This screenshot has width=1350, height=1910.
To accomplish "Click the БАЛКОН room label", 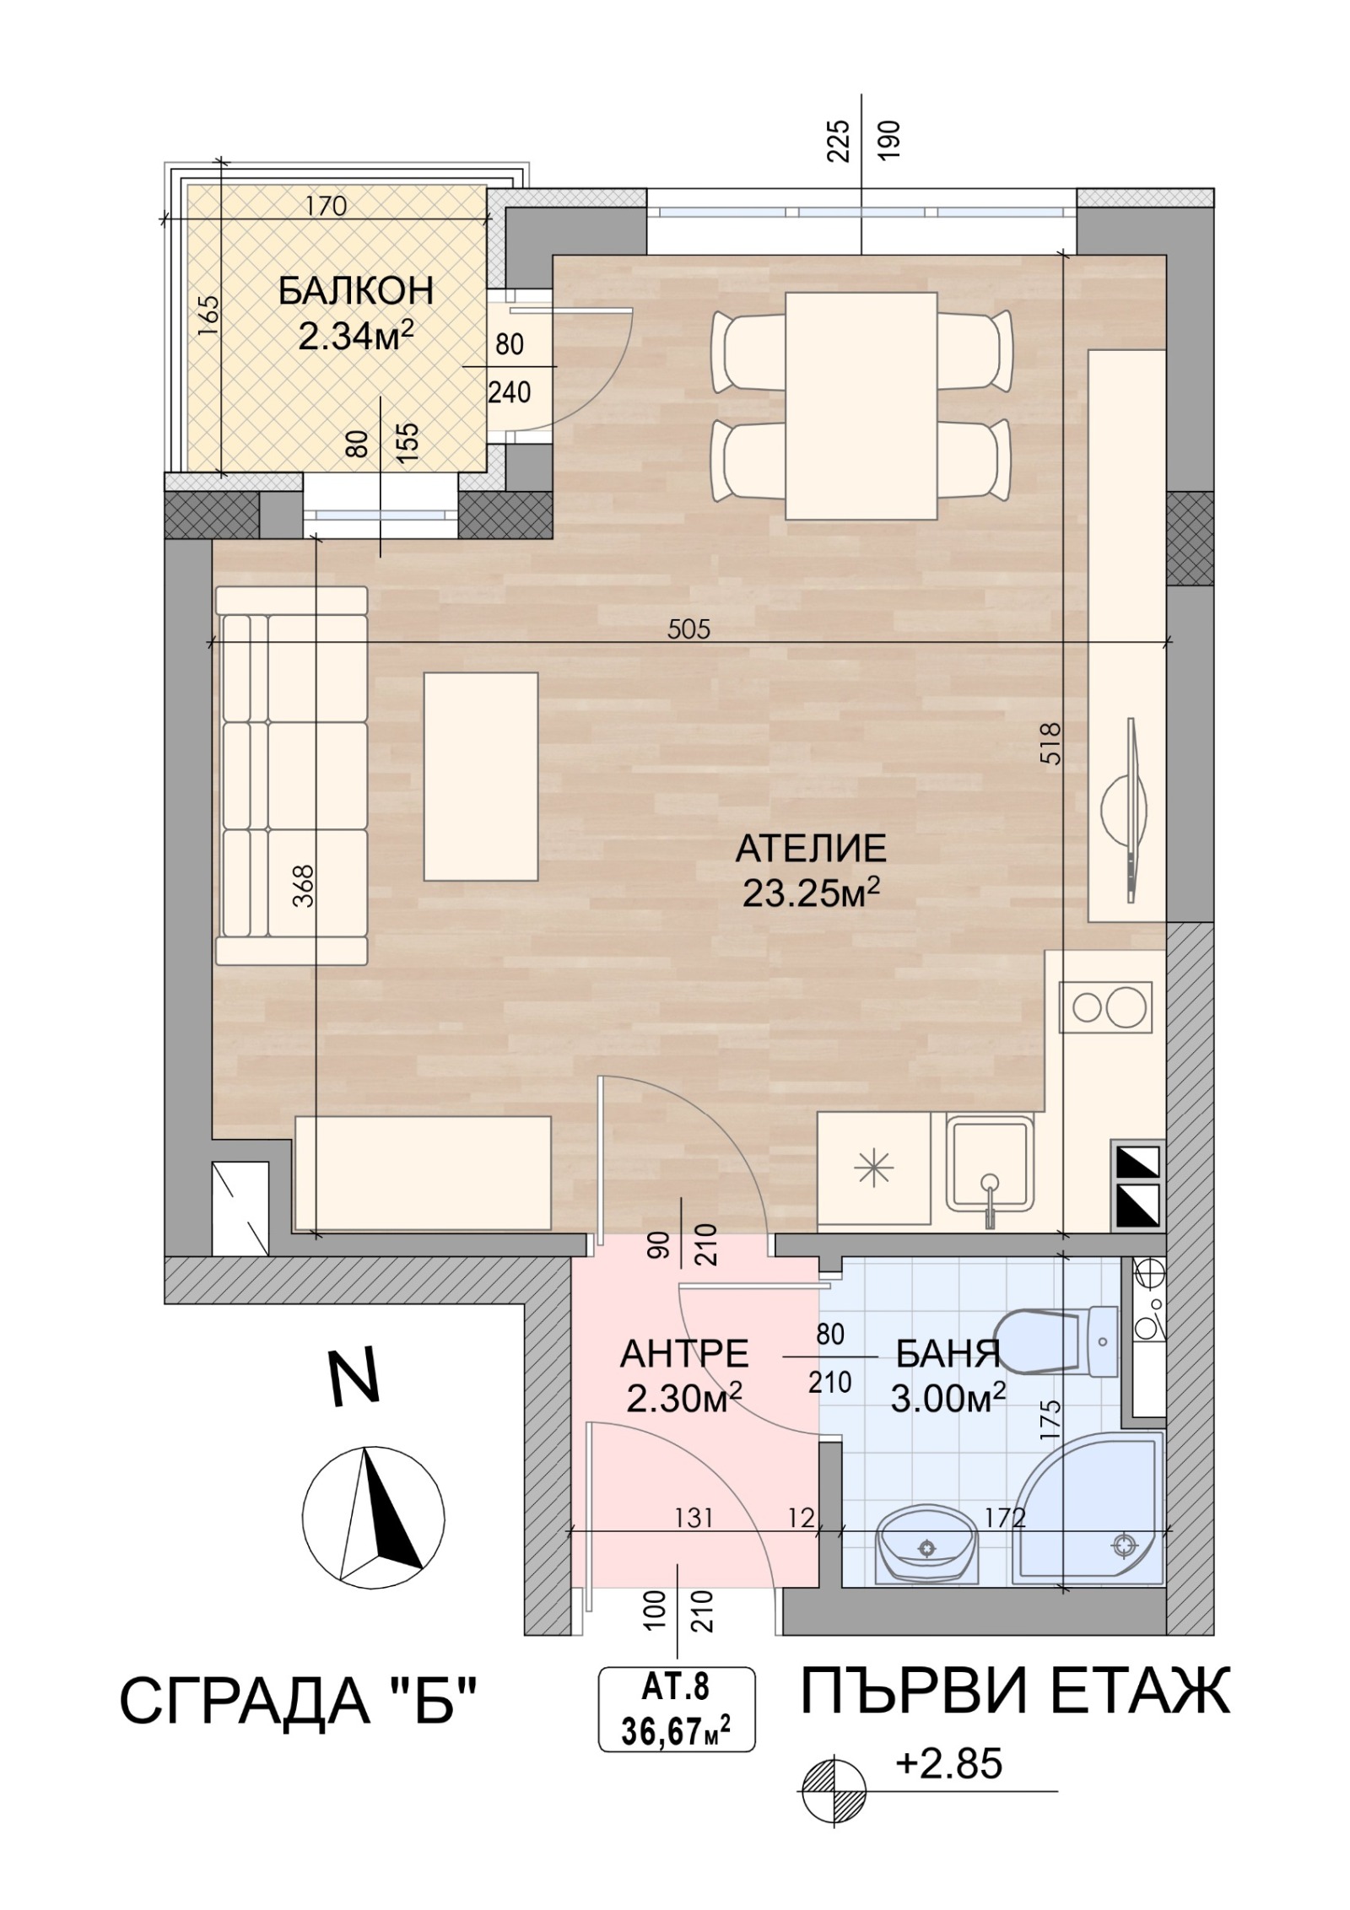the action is point(355,291).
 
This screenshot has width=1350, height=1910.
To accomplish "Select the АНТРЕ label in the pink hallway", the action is point(684,1355).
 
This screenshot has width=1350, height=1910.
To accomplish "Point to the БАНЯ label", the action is point(948,1355).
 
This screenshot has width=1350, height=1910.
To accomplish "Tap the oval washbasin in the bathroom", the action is point(927,1550).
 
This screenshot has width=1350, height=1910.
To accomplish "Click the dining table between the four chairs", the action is point(861,406).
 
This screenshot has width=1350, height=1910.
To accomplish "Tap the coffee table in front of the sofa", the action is point(481,776).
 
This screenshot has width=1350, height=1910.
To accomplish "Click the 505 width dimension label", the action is point(688,629).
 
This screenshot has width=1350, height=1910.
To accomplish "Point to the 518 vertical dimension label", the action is point(1051,742).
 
